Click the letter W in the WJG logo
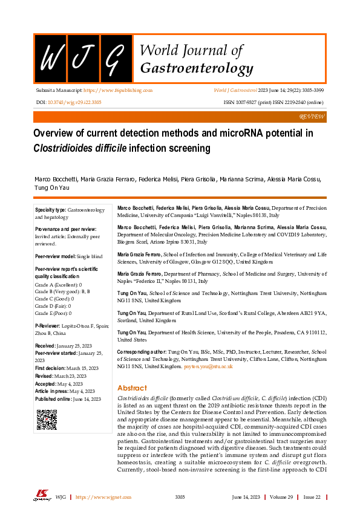click(50, 59)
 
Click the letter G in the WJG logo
click(116, 59)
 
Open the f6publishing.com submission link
click(118, 90)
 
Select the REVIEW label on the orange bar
click(312, 115)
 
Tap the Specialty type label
click(50, 210)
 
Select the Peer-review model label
click(55, 257)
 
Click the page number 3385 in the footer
click(180, 497)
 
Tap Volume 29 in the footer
click(282, 497)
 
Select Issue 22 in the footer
click(313, 497)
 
